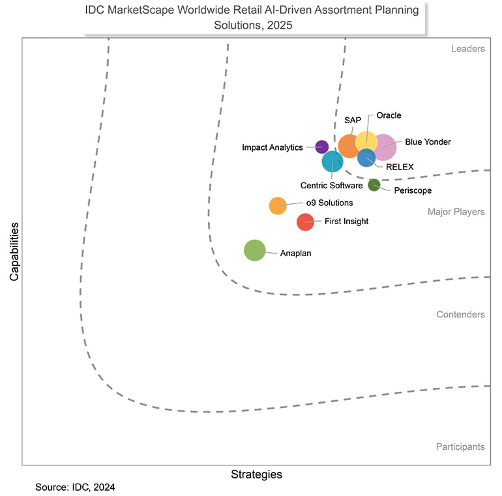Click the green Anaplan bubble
[255, 250]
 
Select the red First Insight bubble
[305, 222]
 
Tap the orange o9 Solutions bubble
[278, 205]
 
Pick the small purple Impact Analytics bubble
[321, 147]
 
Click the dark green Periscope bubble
[374, 185]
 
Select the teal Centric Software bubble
[332, 161]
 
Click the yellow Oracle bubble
[366, 139]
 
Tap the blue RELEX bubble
[366, 158]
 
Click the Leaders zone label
[467, 49]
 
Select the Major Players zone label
[456, 212]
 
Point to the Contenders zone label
[460, 315]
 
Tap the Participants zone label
[460, 447]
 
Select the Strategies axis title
[257, 474]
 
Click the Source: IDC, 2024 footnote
[75, 487]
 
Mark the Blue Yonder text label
[428, 141]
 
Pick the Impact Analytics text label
[272, 147]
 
